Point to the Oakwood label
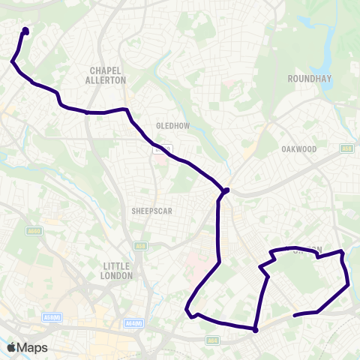tap(299, 149)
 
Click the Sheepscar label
tap(152, 211)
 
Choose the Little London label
tap(118, 271)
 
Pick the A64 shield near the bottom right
tap(213, 339)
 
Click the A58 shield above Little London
tap(141, 245)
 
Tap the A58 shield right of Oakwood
tap(346, 148)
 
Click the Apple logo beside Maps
tap(11, 347)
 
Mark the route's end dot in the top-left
tap(25, 31)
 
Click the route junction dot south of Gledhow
tap(225, 190)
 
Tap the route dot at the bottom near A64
tap(255, 329)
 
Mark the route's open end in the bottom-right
tap(294, 315)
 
